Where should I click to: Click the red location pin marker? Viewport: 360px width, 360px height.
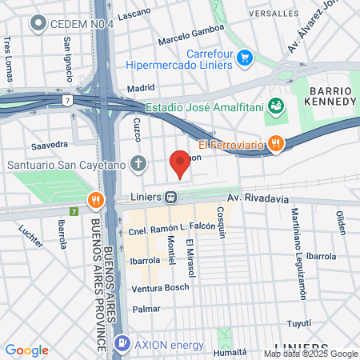click(180, 162)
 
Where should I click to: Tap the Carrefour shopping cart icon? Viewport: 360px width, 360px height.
click(246, 58)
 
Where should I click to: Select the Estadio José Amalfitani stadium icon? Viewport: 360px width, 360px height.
click(276, 106)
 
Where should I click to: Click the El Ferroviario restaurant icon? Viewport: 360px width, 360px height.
click(276, 143)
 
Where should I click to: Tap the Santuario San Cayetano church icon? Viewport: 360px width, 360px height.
click(139, 165)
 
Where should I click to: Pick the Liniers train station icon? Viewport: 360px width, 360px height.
click(171, 197)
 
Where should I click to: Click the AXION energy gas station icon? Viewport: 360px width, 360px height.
click(122, 345)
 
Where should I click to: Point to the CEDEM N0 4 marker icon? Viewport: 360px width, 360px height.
click(37, 24)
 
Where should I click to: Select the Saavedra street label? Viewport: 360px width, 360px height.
click(49, 145)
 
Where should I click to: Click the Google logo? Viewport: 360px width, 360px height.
click(26, 350)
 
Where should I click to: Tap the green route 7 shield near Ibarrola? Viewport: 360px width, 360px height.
click(74, 212)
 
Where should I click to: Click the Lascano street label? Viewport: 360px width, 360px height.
click(134, 15)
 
